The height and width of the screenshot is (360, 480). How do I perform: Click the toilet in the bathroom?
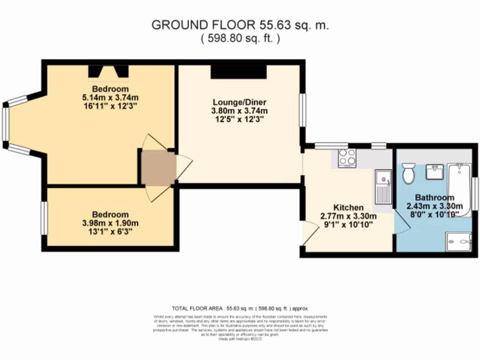409,173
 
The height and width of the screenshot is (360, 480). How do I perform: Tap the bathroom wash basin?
435,172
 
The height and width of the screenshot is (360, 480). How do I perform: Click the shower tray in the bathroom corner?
458,241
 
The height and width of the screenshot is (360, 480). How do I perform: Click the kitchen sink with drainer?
383,187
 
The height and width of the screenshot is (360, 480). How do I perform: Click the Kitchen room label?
348,207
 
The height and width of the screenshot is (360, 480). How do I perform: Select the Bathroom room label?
434,198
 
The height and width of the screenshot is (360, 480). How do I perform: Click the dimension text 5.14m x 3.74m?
111,97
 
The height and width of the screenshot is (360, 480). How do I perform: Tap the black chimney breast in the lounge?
238,72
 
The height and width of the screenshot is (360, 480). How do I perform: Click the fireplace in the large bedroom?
108,71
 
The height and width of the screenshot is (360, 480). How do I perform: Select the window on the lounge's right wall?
303,110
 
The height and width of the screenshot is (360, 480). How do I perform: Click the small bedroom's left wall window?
44,217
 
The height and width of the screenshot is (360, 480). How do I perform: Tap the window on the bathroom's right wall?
475,193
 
